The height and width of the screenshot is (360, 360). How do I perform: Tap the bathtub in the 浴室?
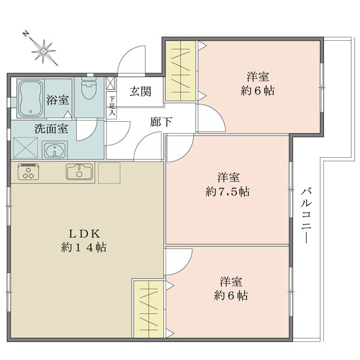[x=31, y=99]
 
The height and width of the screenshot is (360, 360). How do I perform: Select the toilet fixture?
[x=89, y=88]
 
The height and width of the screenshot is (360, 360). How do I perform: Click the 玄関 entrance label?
[x=140, y=91]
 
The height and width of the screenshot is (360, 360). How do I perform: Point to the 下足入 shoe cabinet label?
[x=112, y=107]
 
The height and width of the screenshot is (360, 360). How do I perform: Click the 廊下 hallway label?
[x=161, y=122]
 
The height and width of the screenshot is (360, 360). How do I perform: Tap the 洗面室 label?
[x=51, y=129]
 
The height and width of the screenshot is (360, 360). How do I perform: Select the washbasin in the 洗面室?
[x=55, y=149]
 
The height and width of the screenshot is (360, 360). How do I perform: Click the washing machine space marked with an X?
[x=25, y=148]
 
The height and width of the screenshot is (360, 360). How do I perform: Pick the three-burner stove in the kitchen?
[x=28, y=172]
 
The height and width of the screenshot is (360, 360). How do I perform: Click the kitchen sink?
[x=80, y=172]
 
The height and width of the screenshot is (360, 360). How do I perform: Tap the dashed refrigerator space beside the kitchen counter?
[x=109, y=173]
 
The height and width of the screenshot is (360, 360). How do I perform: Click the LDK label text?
[x=85, y=234]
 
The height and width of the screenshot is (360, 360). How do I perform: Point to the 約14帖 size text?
[x=84, y=248]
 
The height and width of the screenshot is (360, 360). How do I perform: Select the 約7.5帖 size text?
[x=227, y=191]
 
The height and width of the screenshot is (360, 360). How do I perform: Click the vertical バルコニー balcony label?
[x=306, y=215]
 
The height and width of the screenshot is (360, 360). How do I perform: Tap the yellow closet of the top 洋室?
[x=181, y=71]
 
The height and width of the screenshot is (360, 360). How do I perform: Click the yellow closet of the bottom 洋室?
[x=149, y=309]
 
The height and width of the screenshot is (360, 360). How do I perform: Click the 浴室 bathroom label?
[x=58, y=100]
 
